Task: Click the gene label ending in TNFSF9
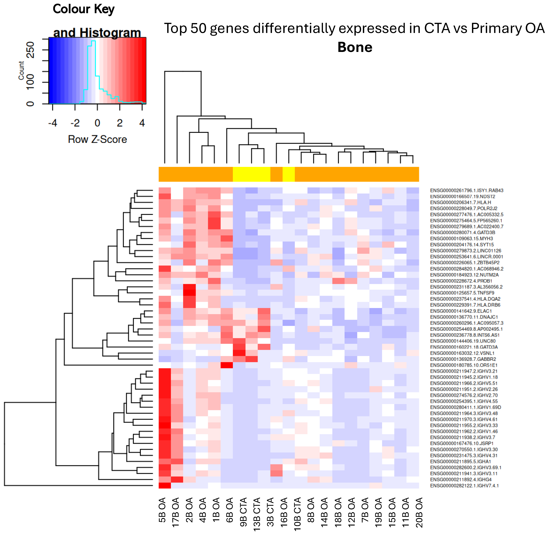pyautogui.click(x=462, y=293)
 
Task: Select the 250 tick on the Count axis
pyautogui.click(x=30, y=50)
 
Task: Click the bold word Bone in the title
pyautogui.click(x=355, y=47)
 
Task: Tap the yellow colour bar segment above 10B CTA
pyautogui.click(x=288, y=174)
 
